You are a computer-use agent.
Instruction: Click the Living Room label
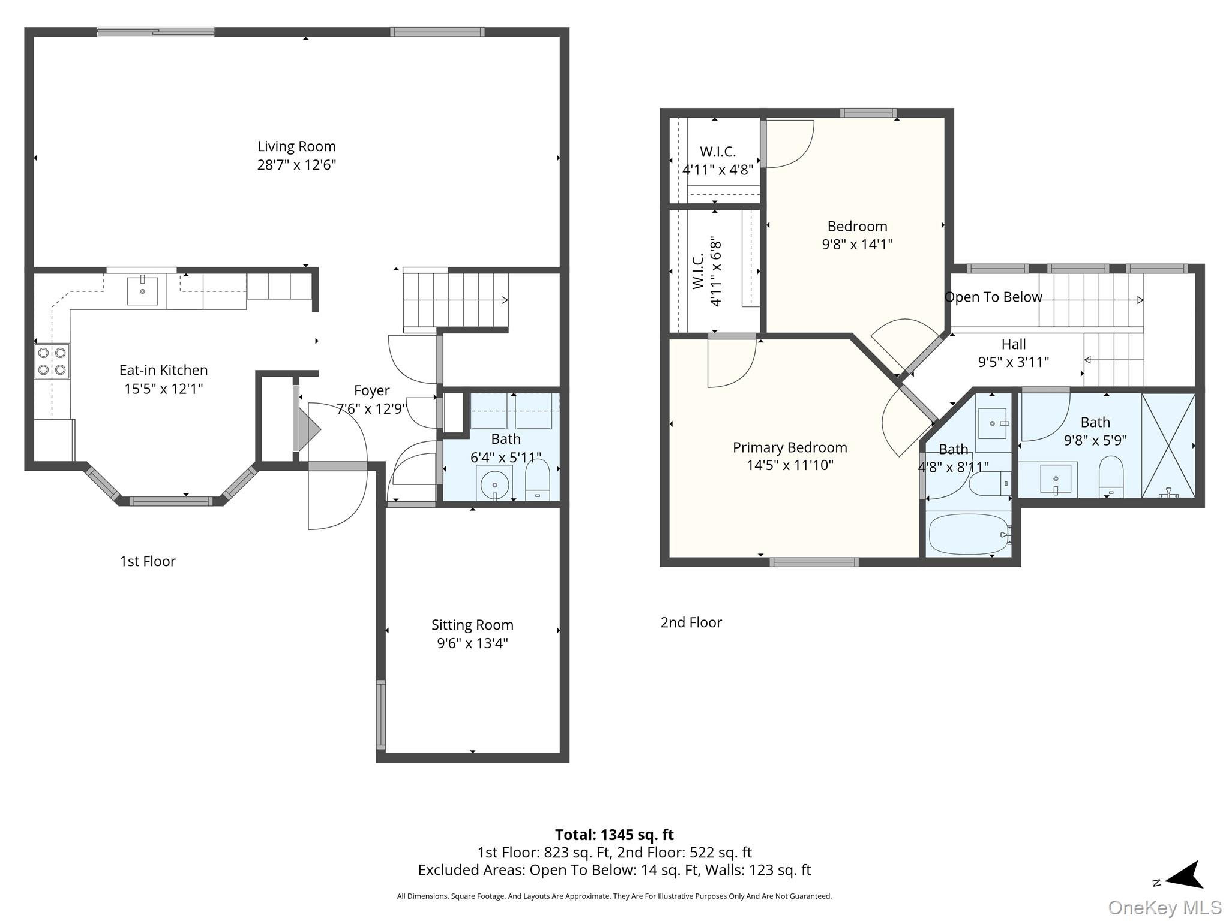[296, 146]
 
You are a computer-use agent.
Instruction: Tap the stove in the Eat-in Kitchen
[52, 361]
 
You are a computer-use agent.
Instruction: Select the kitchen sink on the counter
[142, 291]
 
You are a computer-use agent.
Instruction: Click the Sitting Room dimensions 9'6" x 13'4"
[472, 643]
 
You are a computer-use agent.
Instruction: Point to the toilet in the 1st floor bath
[537, 480]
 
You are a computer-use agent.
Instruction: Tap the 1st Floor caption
[148, 561]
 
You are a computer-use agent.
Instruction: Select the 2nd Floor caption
[691, 622]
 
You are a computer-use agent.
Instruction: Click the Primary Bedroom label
[790, 447]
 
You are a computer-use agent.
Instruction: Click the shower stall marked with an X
[1168, 446]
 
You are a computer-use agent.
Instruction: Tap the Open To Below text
[993, 297]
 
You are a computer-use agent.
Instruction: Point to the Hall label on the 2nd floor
[1014, 344]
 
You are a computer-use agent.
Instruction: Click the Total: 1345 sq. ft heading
[614, 835]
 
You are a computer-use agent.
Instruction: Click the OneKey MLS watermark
[1165, 908]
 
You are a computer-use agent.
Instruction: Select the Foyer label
[372, 390]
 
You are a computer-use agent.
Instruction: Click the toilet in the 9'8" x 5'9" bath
[1111, 477]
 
